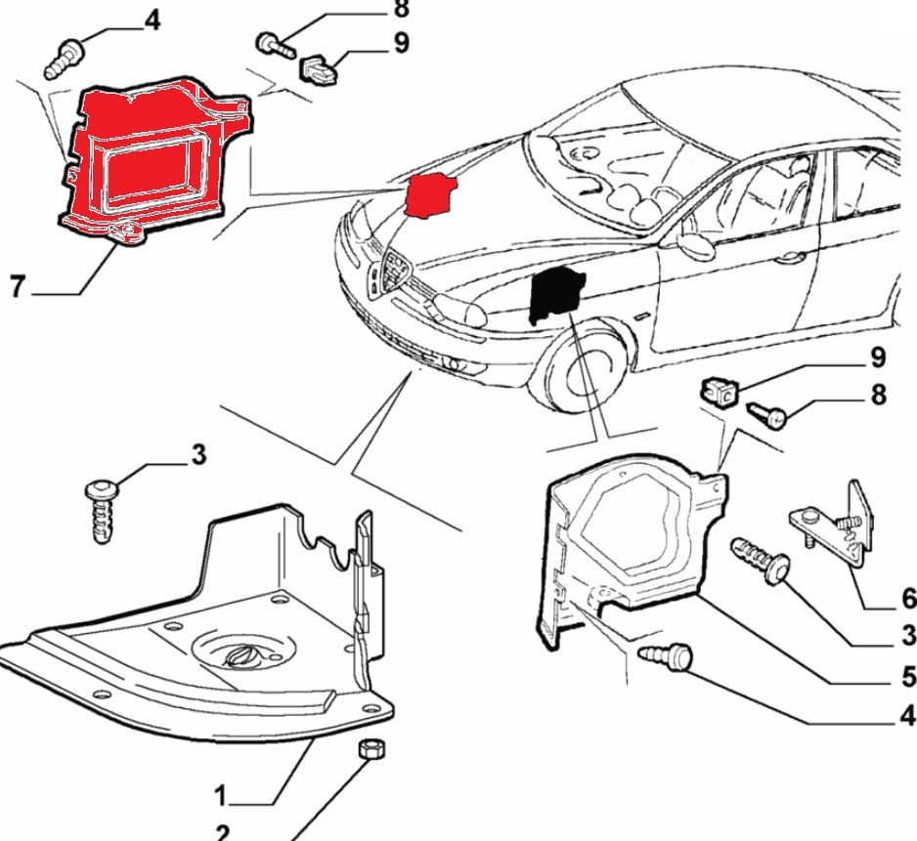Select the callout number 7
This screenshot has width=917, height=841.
[x=17, y=288]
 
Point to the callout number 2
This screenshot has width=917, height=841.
[x=222, y=832]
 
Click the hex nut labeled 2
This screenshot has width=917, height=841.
[x=370, y=749]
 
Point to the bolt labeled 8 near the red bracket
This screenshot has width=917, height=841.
[x=277, y=45]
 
